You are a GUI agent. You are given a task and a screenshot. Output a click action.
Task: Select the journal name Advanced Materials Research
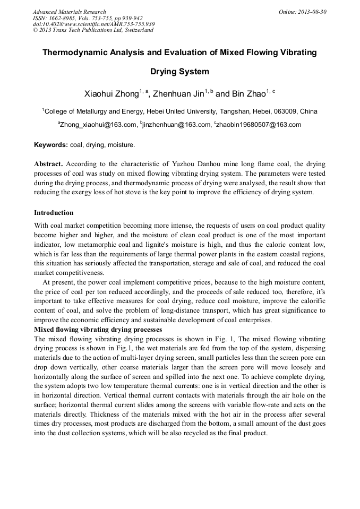click(x=70, y=12)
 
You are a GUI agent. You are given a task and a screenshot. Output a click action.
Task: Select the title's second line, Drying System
click(x=179, y=71)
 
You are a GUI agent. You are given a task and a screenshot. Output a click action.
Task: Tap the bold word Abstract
click(x=48, y=164)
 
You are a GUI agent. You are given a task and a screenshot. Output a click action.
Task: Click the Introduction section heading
click(x=54, y=213)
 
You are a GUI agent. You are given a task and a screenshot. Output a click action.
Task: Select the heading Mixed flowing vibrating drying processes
click(x=98, y=330)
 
